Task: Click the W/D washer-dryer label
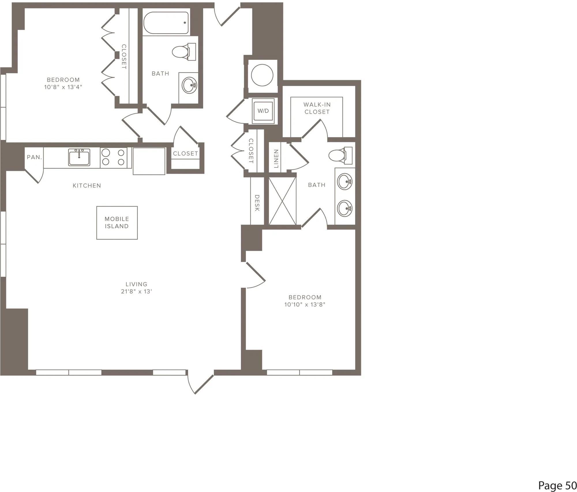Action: (263, 111)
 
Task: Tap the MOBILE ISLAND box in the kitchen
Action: (117, 223)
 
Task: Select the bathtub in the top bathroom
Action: (166, 23)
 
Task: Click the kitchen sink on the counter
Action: (79, 157)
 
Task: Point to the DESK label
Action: (257, 203)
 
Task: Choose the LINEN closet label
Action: (276, 159)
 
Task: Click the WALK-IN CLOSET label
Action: (317, 108)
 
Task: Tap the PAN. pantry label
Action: (34, 157)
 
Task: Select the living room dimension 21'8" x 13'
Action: (136, 291)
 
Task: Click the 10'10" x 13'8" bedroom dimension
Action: (305, 304)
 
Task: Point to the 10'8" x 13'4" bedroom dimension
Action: (63, 87)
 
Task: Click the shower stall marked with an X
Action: (282, 201)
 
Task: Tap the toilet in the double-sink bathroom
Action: (340, 156)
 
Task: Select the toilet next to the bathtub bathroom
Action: (184, 52)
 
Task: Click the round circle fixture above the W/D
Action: (262, 75)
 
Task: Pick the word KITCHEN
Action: (87, 186)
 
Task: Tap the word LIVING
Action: (136, 284)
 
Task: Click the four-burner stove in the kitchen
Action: (113, 158)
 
